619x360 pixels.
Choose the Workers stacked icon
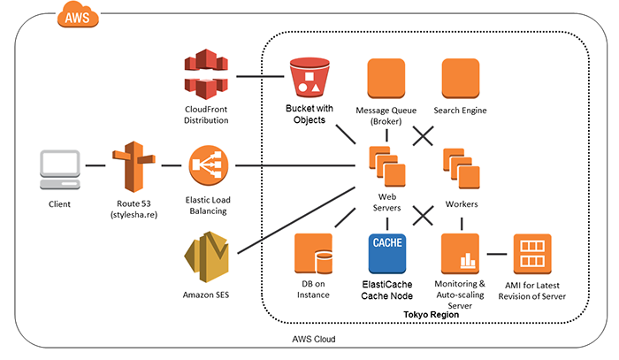pos(460,165)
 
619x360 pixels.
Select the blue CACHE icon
pos(386,256)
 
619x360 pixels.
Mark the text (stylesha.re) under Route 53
pos(134,216)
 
